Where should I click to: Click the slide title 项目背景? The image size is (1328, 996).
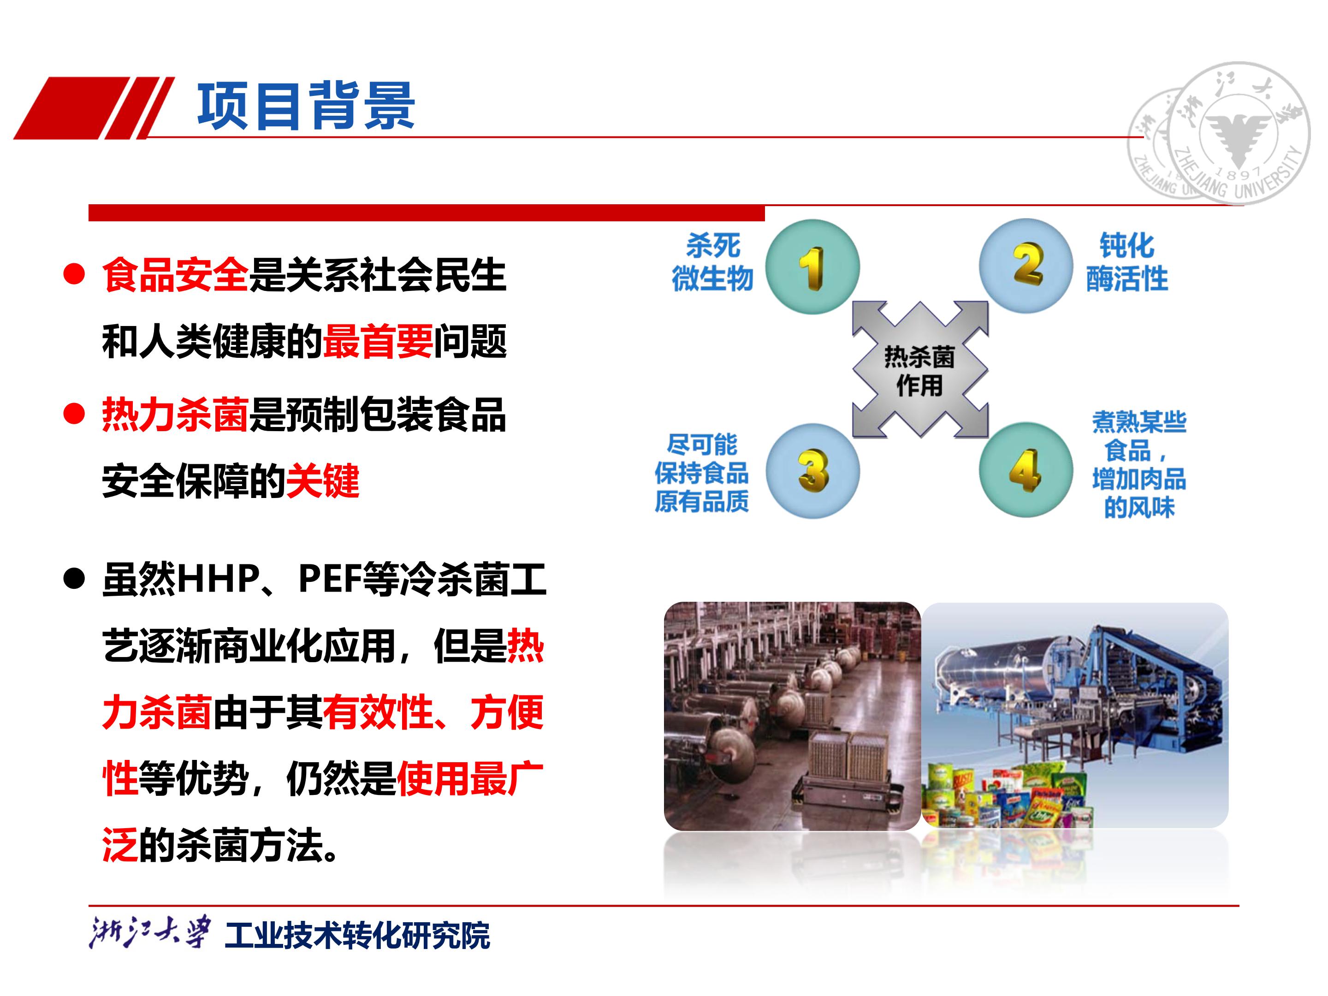[306, 106]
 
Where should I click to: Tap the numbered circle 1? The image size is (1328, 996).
[812, 267]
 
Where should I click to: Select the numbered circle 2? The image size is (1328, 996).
[1026, 265]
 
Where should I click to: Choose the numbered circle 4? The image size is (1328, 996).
[1026, 469]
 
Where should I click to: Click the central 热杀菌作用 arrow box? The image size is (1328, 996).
[920, 369]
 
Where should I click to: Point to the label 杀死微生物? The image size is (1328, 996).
[712, 262]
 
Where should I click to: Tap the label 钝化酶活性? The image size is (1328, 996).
[1127, 262]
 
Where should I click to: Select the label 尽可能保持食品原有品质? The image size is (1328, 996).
[702, 473]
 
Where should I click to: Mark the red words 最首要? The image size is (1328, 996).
[378, 342]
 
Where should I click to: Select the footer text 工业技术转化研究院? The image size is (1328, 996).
[357, 935]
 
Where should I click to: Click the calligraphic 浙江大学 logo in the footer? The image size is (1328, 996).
[150, 932]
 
